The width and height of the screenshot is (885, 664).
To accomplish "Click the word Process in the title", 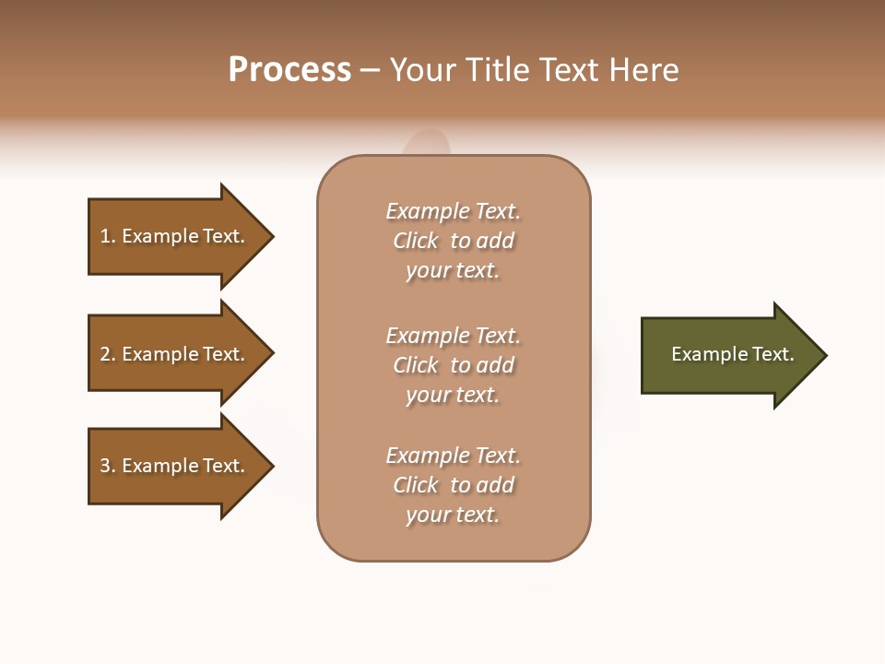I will [289, 70].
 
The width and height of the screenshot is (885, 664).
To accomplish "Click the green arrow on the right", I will [728, 355].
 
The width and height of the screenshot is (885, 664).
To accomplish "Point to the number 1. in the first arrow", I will [108, 236].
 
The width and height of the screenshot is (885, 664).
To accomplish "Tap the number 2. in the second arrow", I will [108, 354].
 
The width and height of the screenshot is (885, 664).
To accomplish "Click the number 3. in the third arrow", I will [108, 466].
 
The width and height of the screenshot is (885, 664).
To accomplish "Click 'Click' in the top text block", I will [416, 242].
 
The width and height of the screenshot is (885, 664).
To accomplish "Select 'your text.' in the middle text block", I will [453, 395].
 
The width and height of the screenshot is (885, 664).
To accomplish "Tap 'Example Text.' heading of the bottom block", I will [453, 456].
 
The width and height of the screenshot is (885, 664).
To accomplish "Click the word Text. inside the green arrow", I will [773, 354].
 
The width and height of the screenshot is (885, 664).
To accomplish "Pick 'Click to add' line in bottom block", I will [453, 485].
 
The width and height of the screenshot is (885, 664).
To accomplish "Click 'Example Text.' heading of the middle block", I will [453, 336].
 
